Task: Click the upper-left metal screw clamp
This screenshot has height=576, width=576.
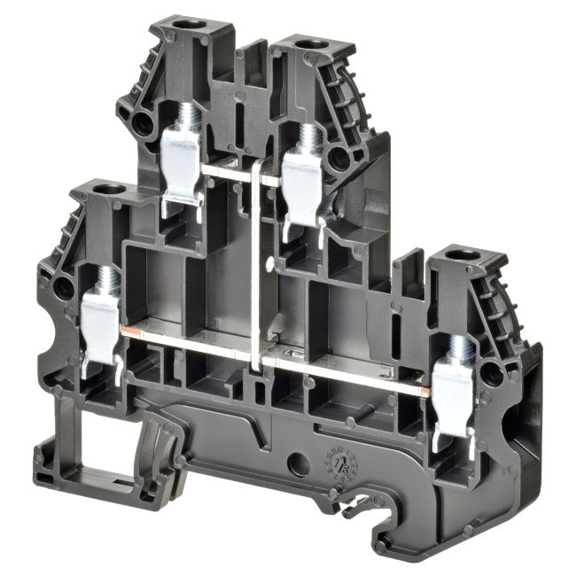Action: point(183,160)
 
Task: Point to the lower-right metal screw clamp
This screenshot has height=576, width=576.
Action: point(455,390)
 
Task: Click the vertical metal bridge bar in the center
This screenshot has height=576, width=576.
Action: point(258,266)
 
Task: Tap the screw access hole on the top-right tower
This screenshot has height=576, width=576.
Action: point(309,44)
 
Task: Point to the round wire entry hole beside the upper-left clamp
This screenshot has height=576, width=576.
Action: point(143,124)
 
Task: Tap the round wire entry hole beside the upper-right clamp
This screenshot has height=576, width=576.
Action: point(338,159)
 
